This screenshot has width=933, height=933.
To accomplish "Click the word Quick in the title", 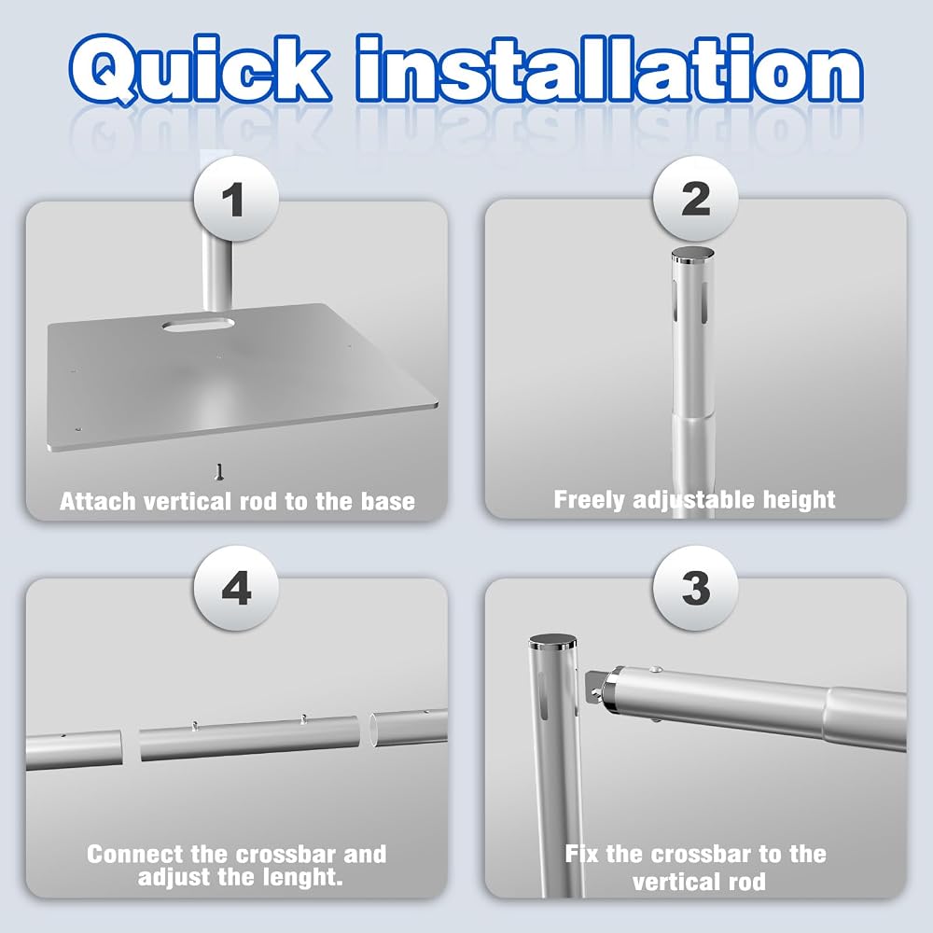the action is click(200, 70).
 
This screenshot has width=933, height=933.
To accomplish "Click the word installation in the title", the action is click(609, 68).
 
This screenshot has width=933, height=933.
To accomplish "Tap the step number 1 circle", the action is click(236, 199).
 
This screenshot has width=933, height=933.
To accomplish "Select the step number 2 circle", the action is click(696, 199).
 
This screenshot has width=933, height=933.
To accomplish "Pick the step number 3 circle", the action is click(696, 588).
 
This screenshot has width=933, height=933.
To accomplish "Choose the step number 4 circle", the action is click(236, 588).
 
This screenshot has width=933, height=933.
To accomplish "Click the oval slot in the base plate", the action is click(198, 325).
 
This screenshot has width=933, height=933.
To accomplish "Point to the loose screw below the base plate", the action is click(219, 472).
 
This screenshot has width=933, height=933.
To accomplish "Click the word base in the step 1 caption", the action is click(388, 502).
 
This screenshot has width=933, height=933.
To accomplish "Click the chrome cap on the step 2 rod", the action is click(692, 255).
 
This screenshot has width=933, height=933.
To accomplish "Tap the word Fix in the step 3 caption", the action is click(581, 854).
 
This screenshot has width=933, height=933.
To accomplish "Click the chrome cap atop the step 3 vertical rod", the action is click(552, 642).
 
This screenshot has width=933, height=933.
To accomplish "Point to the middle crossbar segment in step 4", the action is click(250, 738).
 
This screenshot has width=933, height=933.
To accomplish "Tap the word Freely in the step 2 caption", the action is click(591, 500).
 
